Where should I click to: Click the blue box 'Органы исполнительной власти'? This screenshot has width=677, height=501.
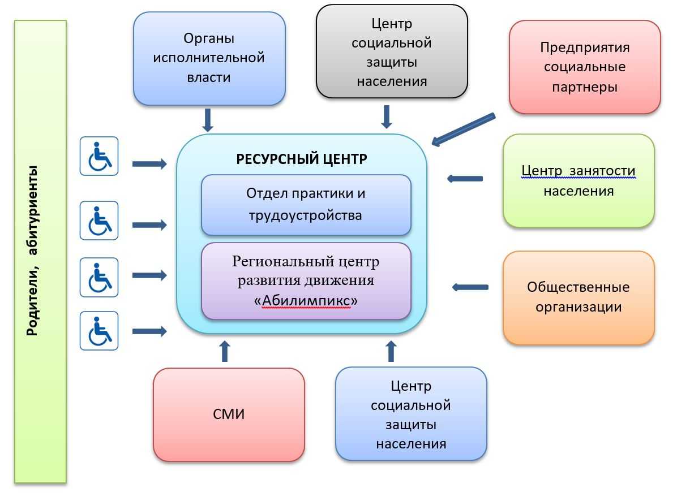(x=209, y=58)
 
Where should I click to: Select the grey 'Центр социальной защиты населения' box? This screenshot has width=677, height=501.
(x=392, y=52)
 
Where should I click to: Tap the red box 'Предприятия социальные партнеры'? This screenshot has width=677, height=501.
(x=585, y=67)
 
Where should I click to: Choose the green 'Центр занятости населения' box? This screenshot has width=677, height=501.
(x=579, y=181)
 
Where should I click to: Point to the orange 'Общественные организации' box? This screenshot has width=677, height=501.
(x=579, y=297)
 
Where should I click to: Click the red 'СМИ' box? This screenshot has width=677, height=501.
(x=229, y=414)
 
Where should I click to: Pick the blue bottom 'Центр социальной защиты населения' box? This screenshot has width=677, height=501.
(x=411, y=414)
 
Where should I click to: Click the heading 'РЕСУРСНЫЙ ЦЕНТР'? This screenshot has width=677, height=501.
(x=302, y=159)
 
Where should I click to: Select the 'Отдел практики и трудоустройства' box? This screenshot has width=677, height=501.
(x=306, y=204)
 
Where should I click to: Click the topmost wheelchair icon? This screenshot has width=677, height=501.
(x=99, y=156)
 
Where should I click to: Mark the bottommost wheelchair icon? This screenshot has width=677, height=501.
(x=99, y=330)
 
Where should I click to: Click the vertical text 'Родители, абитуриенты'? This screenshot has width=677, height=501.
(x=33, y=250)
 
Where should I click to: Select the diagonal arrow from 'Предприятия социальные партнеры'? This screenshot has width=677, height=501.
(x=462, y=129)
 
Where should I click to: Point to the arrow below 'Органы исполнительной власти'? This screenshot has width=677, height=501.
(x=208, y=120)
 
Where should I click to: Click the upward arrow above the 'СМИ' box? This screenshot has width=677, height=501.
(x=225, y=351)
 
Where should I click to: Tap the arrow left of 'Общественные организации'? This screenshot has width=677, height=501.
(x=470, y=287)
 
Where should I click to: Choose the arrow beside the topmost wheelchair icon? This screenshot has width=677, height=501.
(x=149, y=164)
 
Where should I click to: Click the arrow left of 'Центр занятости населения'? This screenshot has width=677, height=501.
(x=465, y=179)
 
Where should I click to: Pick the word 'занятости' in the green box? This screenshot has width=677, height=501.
(x=607, y=171)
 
